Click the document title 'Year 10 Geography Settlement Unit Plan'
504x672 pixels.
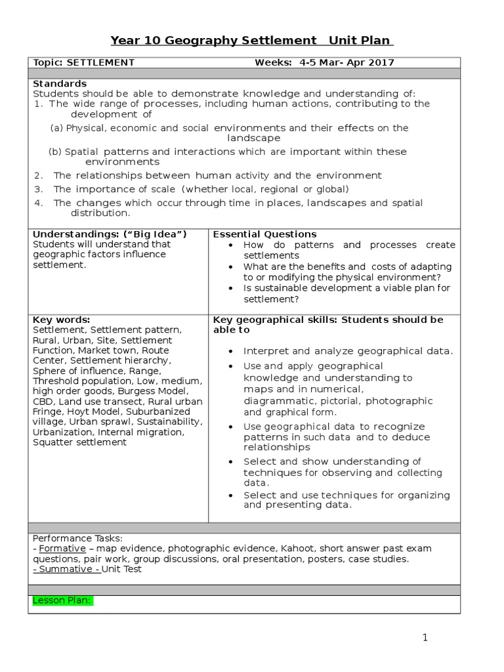252,41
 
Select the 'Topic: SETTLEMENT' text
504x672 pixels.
83,62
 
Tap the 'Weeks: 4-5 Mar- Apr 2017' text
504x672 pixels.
324,62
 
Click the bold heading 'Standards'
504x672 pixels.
60,83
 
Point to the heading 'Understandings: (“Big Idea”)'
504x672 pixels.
110,234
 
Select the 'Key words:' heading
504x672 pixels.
62,320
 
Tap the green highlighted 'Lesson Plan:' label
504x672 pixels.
62,601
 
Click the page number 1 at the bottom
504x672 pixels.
425,637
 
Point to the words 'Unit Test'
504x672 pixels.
121,569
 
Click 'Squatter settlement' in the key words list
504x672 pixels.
79,442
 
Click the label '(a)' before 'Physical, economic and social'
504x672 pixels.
57,128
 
